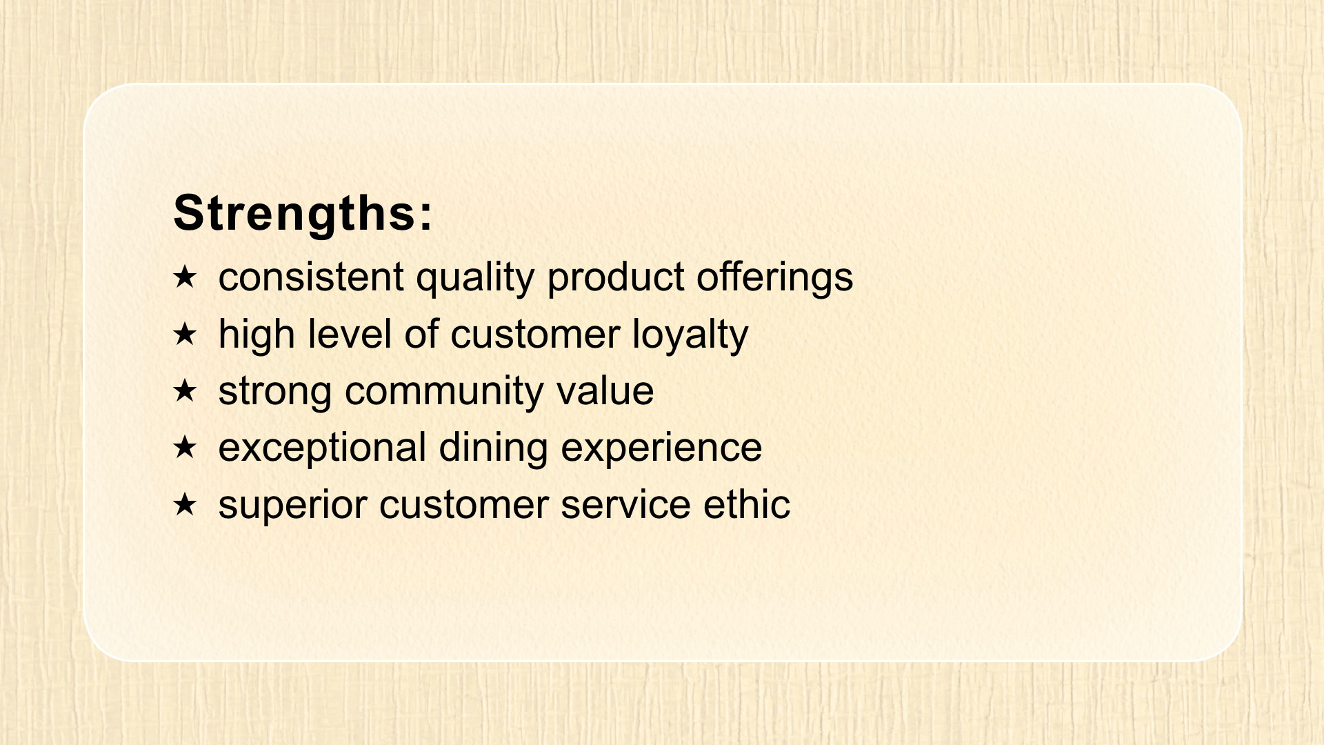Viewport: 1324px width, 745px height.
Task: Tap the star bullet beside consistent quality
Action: (185, 277)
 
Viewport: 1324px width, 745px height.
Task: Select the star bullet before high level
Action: (185, 335)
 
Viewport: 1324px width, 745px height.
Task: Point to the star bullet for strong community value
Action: (185, 391)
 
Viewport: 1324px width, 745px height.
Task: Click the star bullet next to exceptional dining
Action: (185, 448)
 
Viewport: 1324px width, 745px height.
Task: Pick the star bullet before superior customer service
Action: (185, 505)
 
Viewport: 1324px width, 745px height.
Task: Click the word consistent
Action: (311, 277)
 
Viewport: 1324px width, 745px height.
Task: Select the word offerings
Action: (774, 278)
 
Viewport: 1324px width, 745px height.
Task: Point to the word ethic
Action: (747, 504)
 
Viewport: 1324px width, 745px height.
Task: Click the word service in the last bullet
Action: (625, 504)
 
